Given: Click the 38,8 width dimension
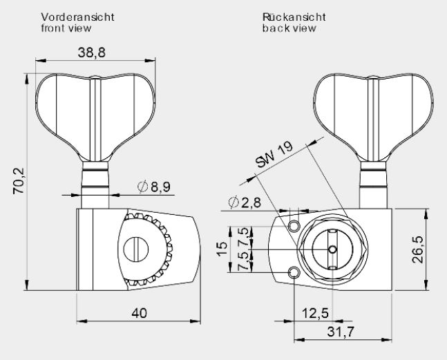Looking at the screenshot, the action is (91, 53).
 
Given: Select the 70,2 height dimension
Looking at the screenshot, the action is (19, 181).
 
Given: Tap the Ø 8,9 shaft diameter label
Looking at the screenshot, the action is (154, 187).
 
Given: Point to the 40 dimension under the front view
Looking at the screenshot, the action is (139, 313).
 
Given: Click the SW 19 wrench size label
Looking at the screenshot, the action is (274, 155).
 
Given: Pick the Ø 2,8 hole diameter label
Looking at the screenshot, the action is (245, 202).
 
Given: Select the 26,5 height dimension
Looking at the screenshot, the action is (418, 249).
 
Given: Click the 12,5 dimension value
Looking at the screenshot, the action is (315, 313).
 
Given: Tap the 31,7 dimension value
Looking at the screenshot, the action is (341, 332).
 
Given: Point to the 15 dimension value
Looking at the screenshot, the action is (222, 249).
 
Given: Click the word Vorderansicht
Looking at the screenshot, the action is (77, 17).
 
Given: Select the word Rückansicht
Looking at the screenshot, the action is (294, 17).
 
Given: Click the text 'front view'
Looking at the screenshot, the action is (66, 28).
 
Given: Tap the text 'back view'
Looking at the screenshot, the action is (289, 28).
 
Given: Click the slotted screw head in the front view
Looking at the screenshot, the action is (136, 249).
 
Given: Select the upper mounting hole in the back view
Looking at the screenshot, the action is (294, 226).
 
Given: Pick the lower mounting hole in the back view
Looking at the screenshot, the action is (294, 273).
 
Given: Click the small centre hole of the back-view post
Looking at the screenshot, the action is (332, 249).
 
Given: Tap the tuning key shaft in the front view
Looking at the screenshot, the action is (95, 184).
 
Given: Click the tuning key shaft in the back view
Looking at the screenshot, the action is (373, 184).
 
